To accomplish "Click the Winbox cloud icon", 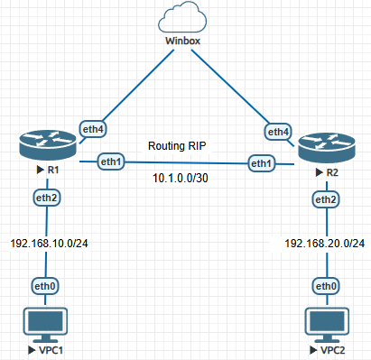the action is [x=182, y=17].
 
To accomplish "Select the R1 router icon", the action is [x=48, y=146].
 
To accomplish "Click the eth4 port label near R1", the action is [x=93, y=129].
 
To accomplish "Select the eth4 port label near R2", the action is [x=278, y=132].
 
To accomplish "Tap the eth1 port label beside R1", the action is [x=111, y=162].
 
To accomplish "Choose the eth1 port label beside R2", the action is [x=261, y=163].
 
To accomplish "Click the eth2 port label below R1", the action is [x=46, y=198].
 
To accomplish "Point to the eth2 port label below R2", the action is [x=326, y=199].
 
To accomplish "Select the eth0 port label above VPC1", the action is [x=45, y=286].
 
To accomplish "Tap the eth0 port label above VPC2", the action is [x=326, y=286].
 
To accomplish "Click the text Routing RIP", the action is [x=177, y=146].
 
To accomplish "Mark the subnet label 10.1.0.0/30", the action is [x=181, y=178].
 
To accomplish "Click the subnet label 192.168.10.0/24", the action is [x=49, y=243].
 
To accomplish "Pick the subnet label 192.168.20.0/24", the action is [x=325, y=243].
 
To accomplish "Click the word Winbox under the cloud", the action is [x=182, y=41].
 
